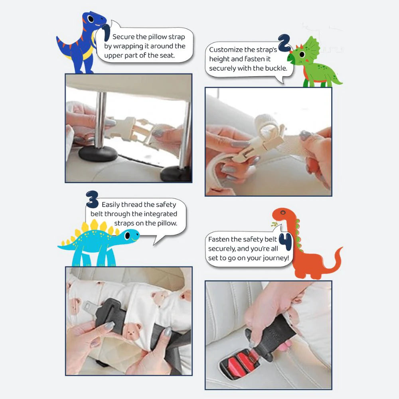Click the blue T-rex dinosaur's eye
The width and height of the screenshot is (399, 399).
(91, 19)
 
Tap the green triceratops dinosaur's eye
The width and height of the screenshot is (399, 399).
(302, 54)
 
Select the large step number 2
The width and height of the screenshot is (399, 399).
(284, 43)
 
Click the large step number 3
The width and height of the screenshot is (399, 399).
(92, 199)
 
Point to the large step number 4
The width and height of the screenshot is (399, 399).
(286, 242)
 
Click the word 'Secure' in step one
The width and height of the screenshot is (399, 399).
(123, 37)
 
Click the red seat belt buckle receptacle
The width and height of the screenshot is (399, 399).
(238, 362)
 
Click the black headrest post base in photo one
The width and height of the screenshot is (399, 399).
(98, 154)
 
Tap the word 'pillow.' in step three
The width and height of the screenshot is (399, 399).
(167, 223)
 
